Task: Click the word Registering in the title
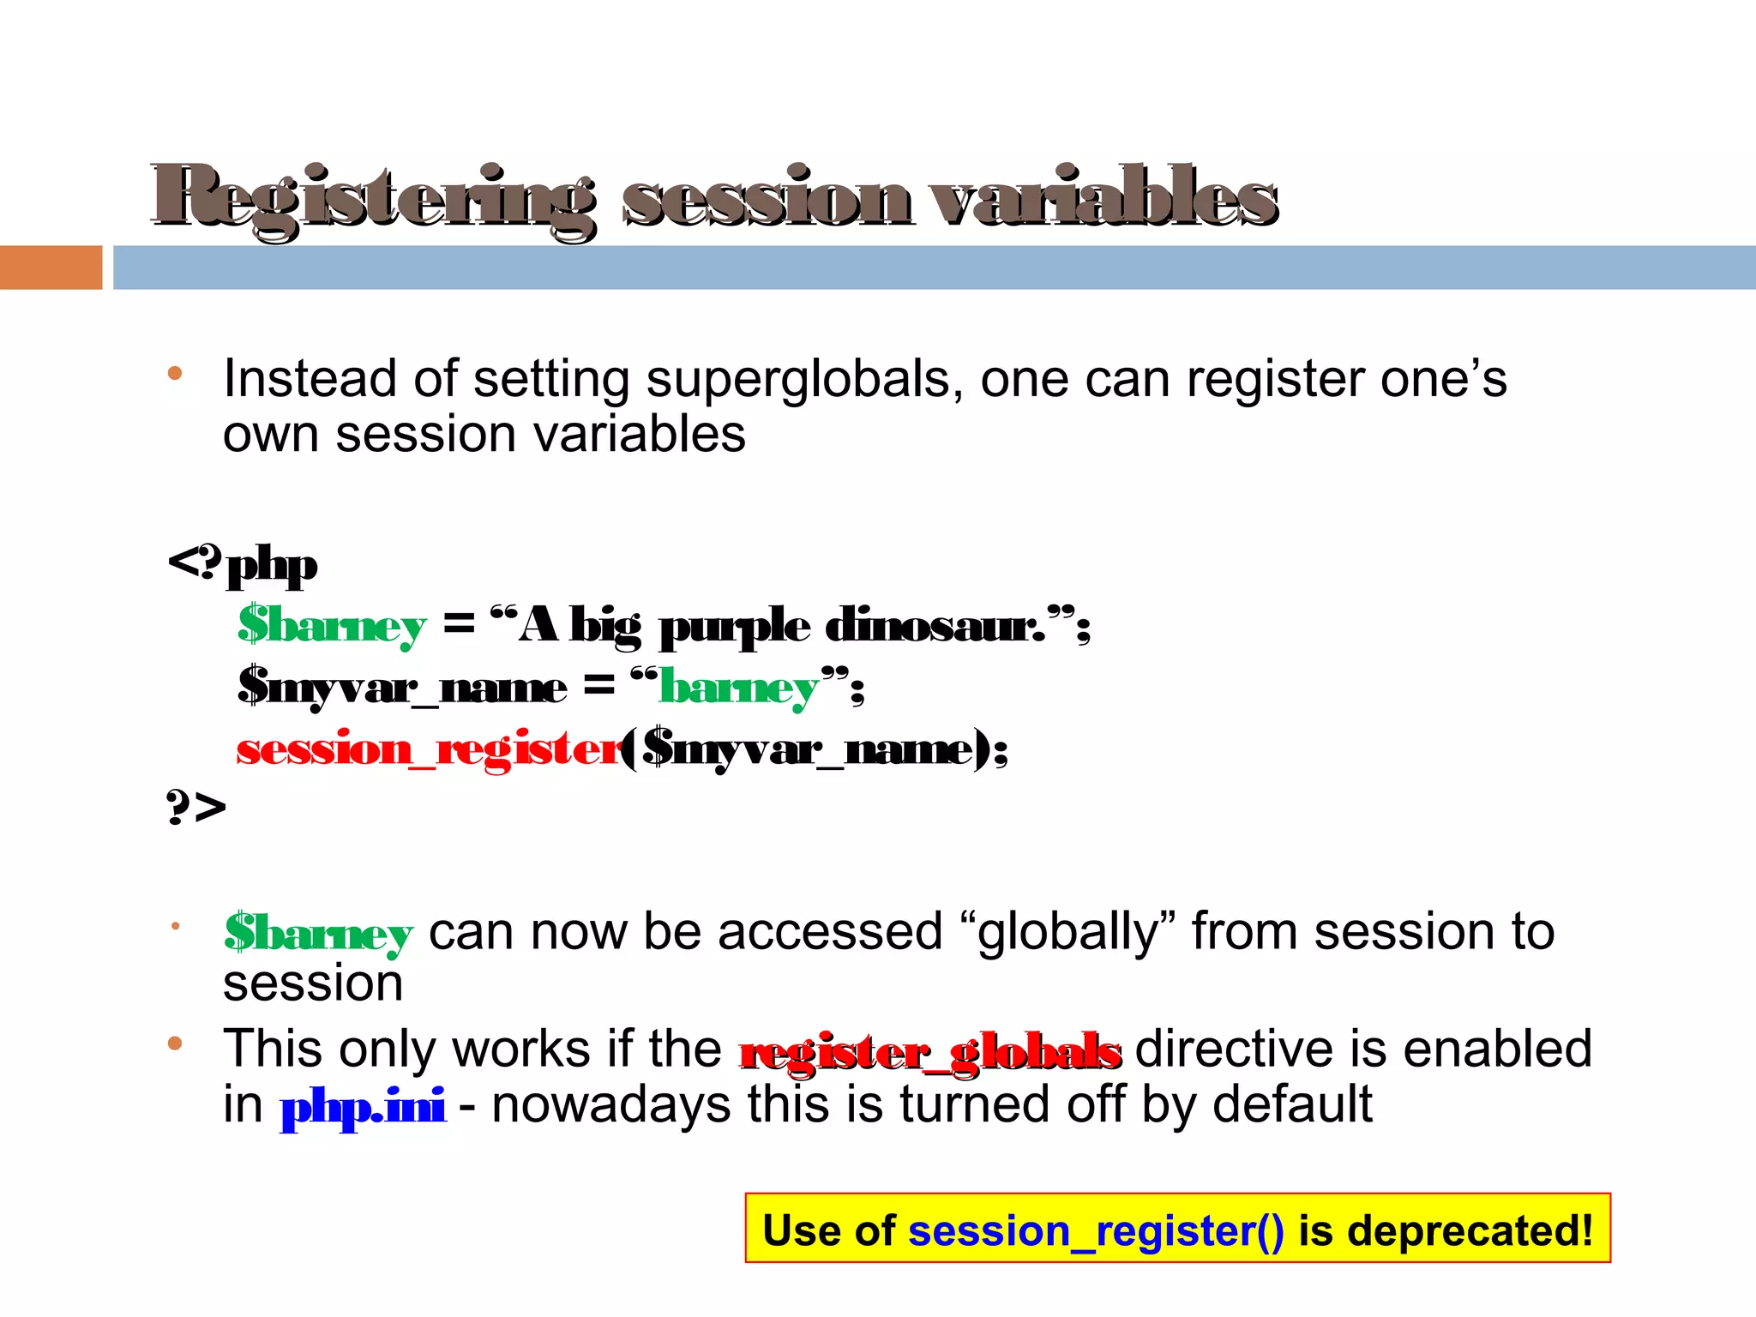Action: pyautogui.click(x=373, y=199)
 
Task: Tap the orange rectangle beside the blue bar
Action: pyautogui.click(x=51, y=268)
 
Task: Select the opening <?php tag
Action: pyautogui.click(x=243, y=565)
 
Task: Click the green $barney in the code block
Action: pyautogui.click(x=332, y=625)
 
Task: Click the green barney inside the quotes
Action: pyautogui.click(x=738, y=688)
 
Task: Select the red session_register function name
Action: pyautogui.click(x=429, y=749)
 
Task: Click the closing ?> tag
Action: pyautogui.click(x=195, y=807)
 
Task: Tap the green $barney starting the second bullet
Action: pyautogui.click(x=318, y=933)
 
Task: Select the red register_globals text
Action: pyautogui.click(x=930, y=1052)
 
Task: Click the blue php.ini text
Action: pyautogui.click(x=363, y=1106)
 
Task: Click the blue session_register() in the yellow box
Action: pyautogui.click(x=1096, y=1231)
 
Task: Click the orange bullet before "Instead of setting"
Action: pyautogui.click(x=176, y=373)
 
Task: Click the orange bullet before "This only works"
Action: pyautogui.click(x=176, y=1043)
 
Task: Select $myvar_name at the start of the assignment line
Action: pyautogui.click(x=402, y=688)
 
